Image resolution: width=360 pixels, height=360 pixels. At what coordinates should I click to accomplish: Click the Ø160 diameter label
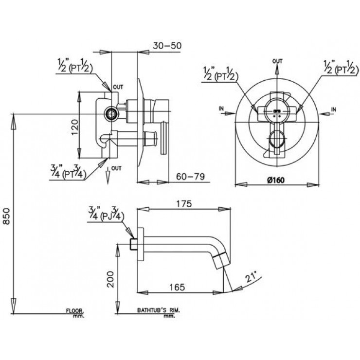(276, 179)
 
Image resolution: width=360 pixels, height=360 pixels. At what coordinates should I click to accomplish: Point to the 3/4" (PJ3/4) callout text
(105, 214)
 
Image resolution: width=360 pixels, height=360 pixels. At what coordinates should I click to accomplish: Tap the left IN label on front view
(222, 108)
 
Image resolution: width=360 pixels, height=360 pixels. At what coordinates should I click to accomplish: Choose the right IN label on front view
(333, 108)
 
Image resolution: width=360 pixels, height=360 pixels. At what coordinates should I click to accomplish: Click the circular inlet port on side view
(112, 114)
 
